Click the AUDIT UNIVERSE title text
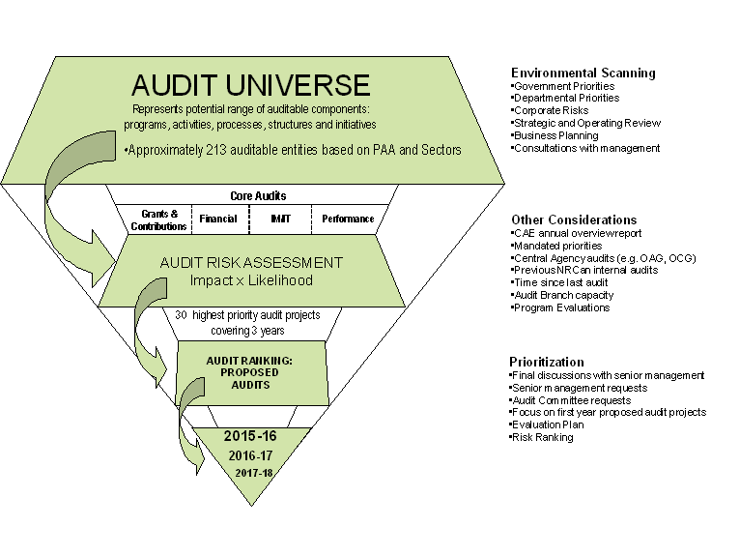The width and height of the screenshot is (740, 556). pyautogui.click(x=250, y=85)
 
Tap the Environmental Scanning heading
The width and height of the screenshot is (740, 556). pyautogui.click(x=583, y=73)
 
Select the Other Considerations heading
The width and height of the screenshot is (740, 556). pyautogui.click(x=574, y=219)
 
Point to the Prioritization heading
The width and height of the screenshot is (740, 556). pyautogui.click(x=547, y=362)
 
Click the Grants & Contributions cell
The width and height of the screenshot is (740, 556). pyautogui.click(x=159, y=219)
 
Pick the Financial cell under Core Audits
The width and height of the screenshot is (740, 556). pyautogui.click(x=218, y=219)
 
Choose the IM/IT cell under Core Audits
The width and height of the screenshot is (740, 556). pyautogui.click(x=280, y=219)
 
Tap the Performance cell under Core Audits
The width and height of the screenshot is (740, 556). pyautogui.click(x=348, y=219)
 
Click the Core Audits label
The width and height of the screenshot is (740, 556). pyautogui.click(x=258, y=195)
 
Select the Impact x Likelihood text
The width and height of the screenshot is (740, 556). pyautogui.click(x=251, y=280)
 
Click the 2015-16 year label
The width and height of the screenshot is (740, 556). pyautogui.click(x=250, y=435)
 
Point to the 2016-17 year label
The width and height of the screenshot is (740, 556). pyautogui.click(x=250, y=455)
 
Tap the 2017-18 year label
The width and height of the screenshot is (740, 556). pyautogui.click(x=254, y=473)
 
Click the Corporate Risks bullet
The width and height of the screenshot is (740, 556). pyautogui.click(x=550, y=110)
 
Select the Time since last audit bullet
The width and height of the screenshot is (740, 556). pyautogui.click(x=559, y=282)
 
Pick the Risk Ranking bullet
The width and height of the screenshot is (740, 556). pyautogui.click(x=541, y=437)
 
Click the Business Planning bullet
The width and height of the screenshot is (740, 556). pyautogui.click(x=555, y=135)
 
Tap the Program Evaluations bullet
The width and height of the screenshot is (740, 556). pyautogui.click(x=560, y=308)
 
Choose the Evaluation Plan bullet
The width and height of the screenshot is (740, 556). pyautogui.click(x=547, y=424)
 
